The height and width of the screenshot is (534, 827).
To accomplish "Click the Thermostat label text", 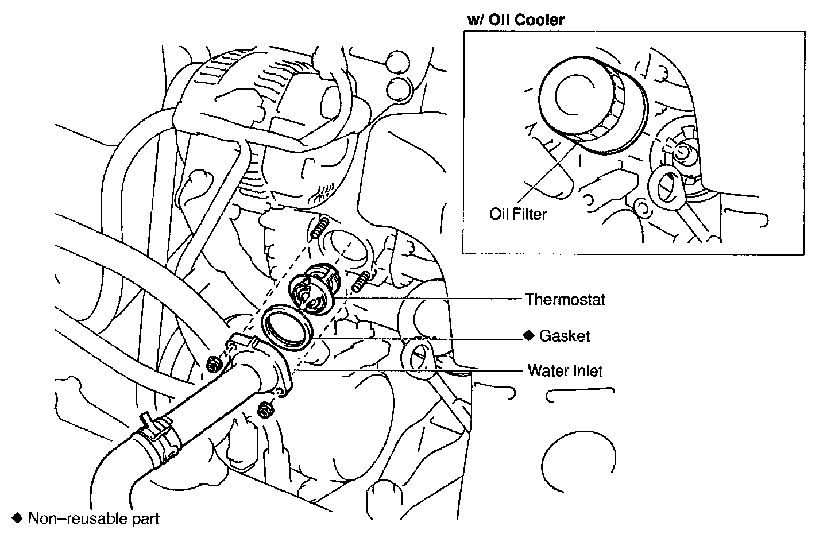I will pyautogui.click(x=565, y=299).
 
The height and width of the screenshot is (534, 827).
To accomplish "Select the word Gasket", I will pyautogui.click(x=564, y=336).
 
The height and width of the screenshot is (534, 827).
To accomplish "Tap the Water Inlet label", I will pyautogui.click(x=565, y=371).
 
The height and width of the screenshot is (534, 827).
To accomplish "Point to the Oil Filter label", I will pyautogui.click(x=518, y=214).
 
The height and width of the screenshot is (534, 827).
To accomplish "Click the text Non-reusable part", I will pyautogui.click(x=94, y=518).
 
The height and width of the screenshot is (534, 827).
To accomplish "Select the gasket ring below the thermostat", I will pyautogui.click(x=287, y=326).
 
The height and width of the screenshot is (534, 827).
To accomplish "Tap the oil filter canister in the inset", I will pyautogui.click(x=592, y=106).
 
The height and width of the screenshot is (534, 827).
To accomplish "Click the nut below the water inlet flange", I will pyautogui.click(x=265, y=410).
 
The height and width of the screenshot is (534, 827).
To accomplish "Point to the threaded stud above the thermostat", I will pyautogui.click(x=319, y=229).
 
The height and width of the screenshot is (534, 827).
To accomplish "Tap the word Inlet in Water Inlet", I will pyautogui.click(x=585, y=371).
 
